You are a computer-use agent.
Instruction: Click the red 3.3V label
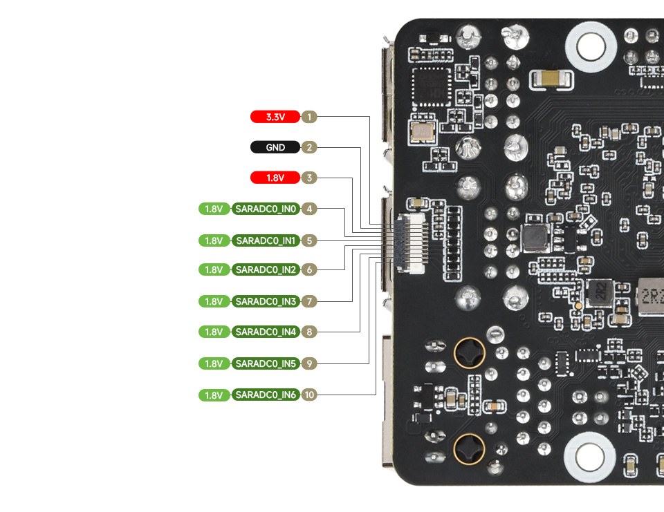coord(275,117)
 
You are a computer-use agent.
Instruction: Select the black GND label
coord(275,147)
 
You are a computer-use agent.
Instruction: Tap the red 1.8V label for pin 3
coord(275,178)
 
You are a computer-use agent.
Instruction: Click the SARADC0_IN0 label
coord(266,209)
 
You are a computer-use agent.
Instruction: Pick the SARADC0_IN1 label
coord(266,240)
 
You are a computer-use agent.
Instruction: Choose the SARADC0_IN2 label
coord(266,269)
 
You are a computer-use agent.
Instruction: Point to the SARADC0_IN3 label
coord(266,301)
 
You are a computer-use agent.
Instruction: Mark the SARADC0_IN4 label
coord(266,332)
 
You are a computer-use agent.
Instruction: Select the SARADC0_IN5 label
coord(266,363)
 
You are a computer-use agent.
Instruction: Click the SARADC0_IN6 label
coord(266,395)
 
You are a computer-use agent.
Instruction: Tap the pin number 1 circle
coord(309,117)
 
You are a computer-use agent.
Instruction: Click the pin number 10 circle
coord(309,395)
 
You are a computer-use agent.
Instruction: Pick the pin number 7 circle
coord(309,301)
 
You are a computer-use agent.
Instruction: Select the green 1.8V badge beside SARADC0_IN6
coord(214,395)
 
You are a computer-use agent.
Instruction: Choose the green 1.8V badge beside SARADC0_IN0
coord(214,209)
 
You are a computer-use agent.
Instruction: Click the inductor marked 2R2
coord(598,293)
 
